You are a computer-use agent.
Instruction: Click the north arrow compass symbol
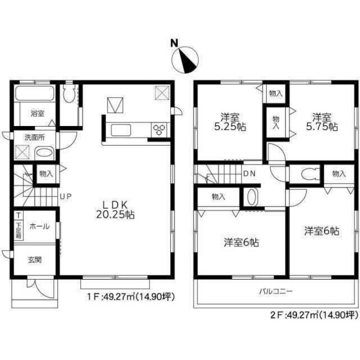tap(185, 59)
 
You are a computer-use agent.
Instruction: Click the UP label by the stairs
tap(66, 196)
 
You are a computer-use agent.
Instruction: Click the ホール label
tap(37, 226)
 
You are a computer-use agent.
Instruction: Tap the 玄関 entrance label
tap(35, 259)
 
